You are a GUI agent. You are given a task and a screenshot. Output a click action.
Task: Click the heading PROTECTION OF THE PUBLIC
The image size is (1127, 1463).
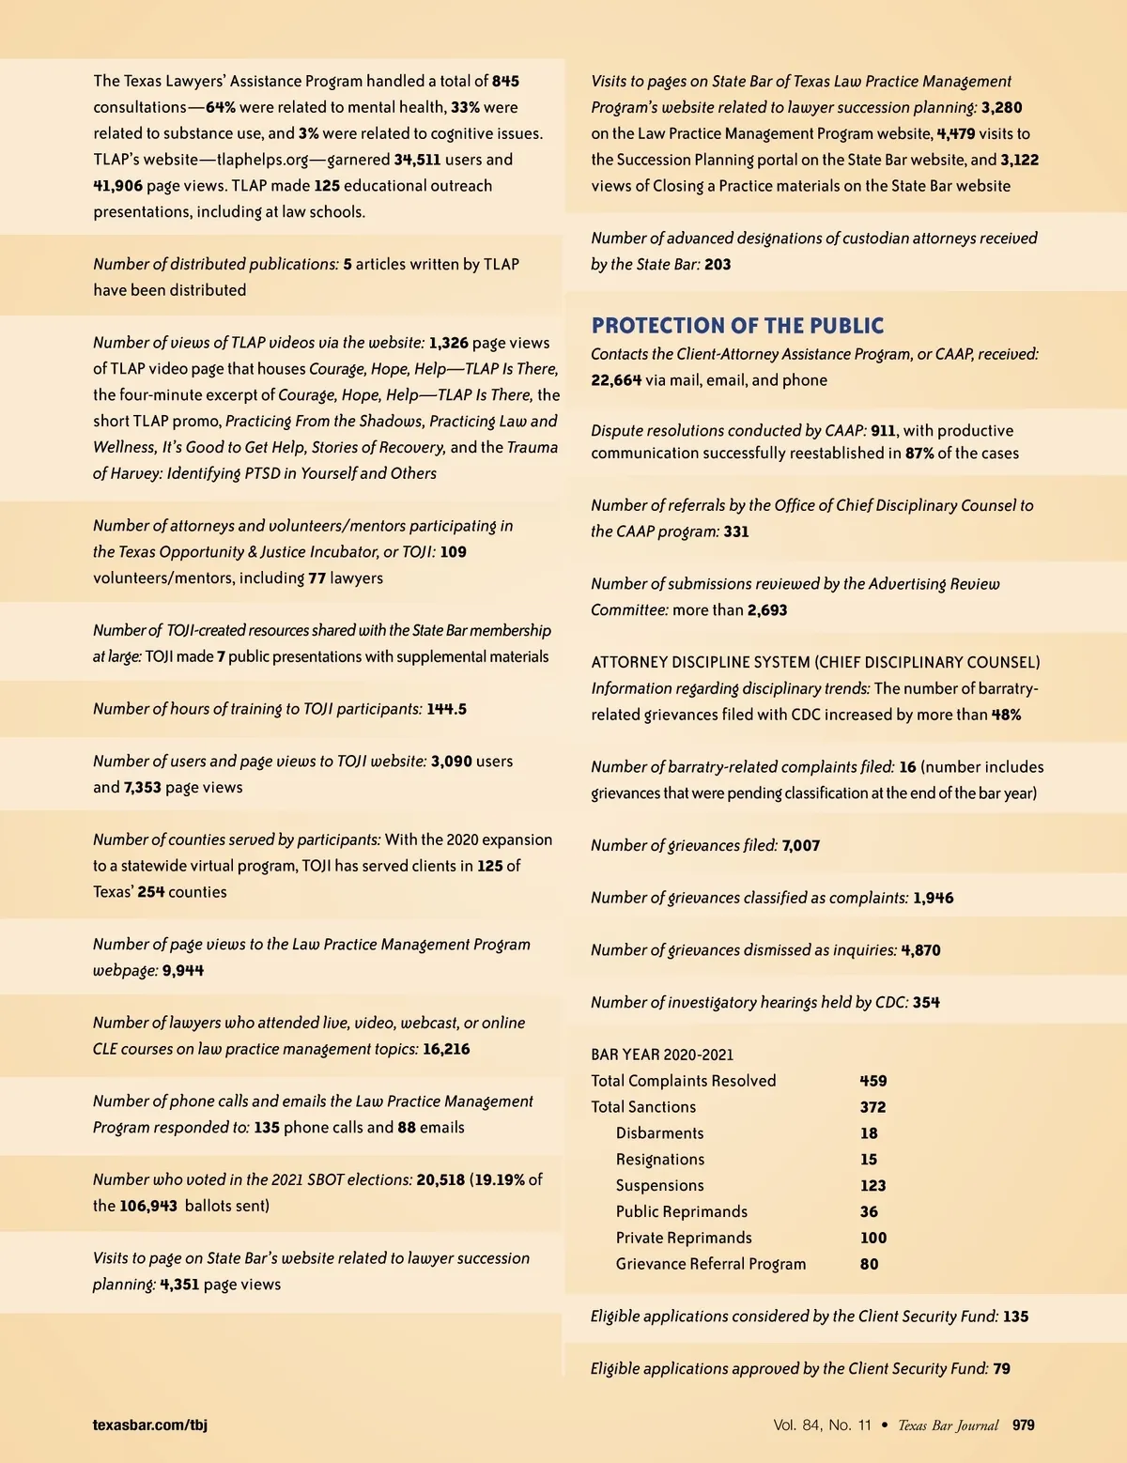coord(737,326)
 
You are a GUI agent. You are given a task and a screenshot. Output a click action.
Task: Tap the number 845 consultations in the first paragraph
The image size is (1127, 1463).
coord(505,82)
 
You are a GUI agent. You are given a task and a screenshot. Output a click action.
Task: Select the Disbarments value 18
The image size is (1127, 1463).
coord(869,1133)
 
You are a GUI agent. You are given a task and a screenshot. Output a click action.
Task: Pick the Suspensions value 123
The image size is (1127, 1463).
coord(872,1186)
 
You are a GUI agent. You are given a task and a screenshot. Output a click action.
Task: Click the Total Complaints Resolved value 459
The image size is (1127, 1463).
coord(872,1081)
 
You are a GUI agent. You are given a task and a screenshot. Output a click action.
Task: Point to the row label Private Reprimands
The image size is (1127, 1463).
coord(684,1238)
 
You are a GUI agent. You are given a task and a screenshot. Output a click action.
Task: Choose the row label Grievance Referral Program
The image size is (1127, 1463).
coord(711,1264)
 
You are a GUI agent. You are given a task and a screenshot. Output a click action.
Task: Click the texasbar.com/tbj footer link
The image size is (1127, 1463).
coord(150,1424)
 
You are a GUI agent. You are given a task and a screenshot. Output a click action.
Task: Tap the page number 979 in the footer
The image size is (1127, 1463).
coord(1023,1424)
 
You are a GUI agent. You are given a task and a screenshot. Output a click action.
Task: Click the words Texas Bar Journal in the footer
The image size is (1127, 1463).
coord(948,1424)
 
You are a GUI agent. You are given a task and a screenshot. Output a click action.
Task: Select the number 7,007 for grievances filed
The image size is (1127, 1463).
coord(800,845)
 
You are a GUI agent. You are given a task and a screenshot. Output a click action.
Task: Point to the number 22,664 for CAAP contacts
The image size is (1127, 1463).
coord(616,380)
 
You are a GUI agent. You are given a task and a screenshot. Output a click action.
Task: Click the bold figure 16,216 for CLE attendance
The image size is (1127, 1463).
coord(446,1049)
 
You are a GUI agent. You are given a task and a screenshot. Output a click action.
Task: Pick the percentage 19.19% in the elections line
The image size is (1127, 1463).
coord(499,1179)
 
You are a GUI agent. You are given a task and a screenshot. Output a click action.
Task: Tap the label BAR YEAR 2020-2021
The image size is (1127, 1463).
coord(662,1055)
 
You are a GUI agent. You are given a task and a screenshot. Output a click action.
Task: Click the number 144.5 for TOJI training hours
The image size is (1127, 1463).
coord(446,709)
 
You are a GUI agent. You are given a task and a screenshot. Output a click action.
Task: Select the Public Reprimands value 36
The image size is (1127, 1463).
coord(869,1211)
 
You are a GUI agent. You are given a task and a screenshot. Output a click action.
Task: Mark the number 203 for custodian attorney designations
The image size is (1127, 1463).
coord(718,265)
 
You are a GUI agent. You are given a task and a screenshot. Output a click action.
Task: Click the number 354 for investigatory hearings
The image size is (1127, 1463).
coord(926,1002)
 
